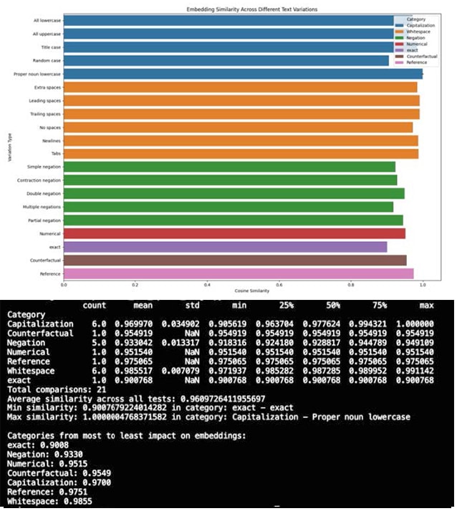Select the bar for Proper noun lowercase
pyautogui.click(x=243, y=74)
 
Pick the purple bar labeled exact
pyautogui.click(x=225, y=247)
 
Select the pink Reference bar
pyautogui.click(x=239, y=273)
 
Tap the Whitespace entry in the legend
pyautogui.click(x=418, y=31)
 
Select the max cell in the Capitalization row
pyautogui.click(x=418, y=324)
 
